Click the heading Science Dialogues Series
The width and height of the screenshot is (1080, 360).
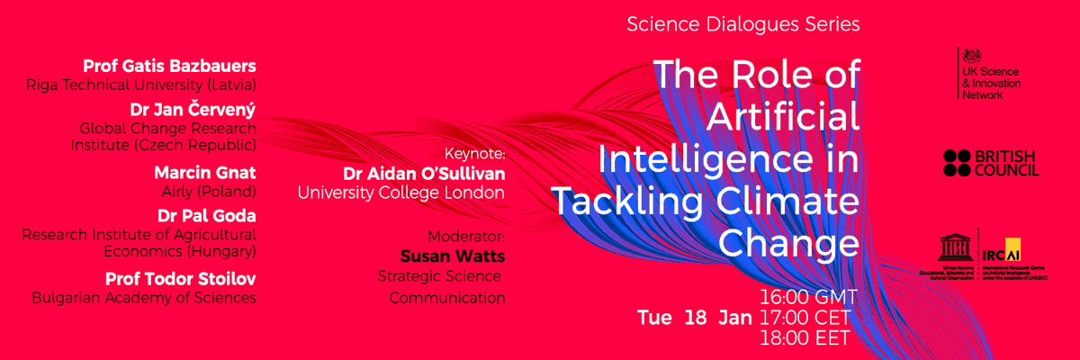[x=743, y=24]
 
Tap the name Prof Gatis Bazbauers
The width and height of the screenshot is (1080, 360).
[x=170, y=67]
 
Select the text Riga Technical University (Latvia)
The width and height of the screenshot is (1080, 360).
[x=142, y=85]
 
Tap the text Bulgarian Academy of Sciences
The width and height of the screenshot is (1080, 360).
[x=144, y=298]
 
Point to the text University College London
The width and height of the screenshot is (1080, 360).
[x=401, y=192]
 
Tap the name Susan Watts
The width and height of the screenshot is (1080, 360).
[x=453, y=256]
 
